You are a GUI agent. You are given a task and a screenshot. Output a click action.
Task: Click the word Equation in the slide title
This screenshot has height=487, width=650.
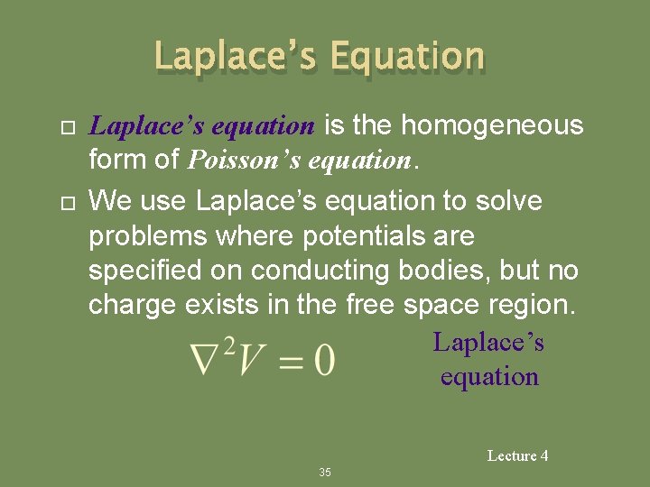(x=407, y=56)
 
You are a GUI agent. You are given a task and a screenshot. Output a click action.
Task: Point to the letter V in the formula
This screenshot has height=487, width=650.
(x=252, y=362)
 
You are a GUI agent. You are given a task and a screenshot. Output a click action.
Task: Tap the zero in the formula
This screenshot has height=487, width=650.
(x=324, y=362)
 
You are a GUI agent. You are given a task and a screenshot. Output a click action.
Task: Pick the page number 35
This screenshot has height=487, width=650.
(x=324, y=473)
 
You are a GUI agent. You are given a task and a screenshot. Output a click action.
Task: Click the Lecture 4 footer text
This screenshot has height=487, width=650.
(x=517, y=456)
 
